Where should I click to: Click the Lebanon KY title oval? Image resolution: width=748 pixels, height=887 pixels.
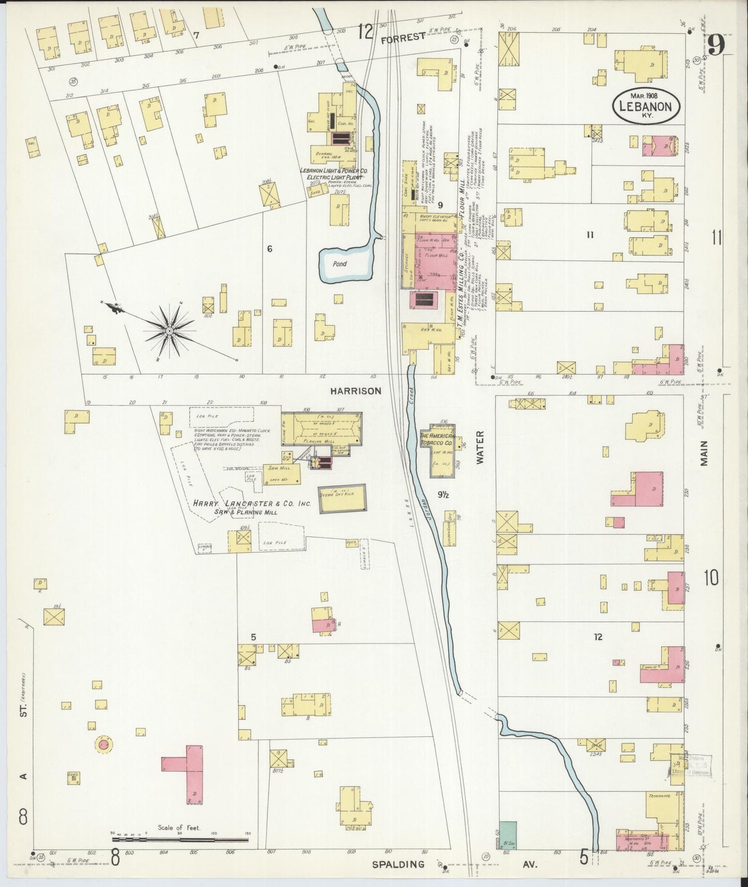click(x=647, y=105)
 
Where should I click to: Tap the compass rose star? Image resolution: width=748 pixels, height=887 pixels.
click(x=170, y=331)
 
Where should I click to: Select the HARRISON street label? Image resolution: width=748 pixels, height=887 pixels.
click(x=356, y=391)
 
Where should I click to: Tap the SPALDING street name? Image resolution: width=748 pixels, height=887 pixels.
click(x=399, y=864)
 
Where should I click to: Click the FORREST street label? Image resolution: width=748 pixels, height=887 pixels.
click(x=408, y=36)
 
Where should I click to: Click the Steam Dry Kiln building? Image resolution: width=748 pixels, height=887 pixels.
click(x=342, y=498)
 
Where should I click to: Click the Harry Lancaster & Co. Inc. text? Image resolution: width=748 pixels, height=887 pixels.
click(x=251, y=504)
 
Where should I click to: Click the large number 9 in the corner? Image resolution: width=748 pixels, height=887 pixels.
click(x=717, y=46)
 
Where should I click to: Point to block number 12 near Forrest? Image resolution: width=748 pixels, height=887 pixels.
click(x=364, y=32)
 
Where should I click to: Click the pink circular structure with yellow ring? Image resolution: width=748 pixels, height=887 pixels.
click(x=104, y=745)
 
